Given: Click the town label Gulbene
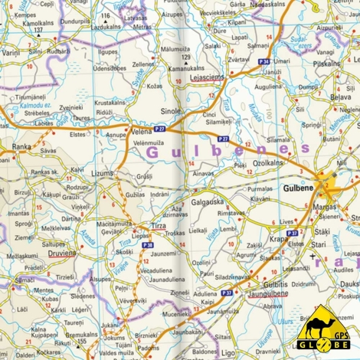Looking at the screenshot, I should click(298, 188).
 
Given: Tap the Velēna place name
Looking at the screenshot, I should click(142, 130).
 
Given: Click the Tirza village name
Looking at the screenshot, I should click(157, 227).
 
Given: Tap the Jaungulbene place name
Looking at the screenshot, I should click(267, 295).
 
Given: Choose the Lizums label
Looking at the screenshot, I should click(102, 175).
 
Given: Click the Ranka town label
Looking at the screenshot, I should click(21, 145).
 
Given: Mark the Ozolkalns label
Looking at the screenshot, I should click(268, 163).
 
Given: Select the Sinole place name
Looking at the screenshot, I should click(170, 111).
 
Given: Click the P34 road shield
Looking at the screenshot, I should click(263, 61).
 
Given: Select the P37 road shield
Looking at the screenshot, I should click(227, 292).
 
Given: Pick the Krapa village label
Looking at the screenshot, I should click(279, 239).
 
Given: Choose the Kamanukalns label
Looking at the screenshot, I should click(186, 68).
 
